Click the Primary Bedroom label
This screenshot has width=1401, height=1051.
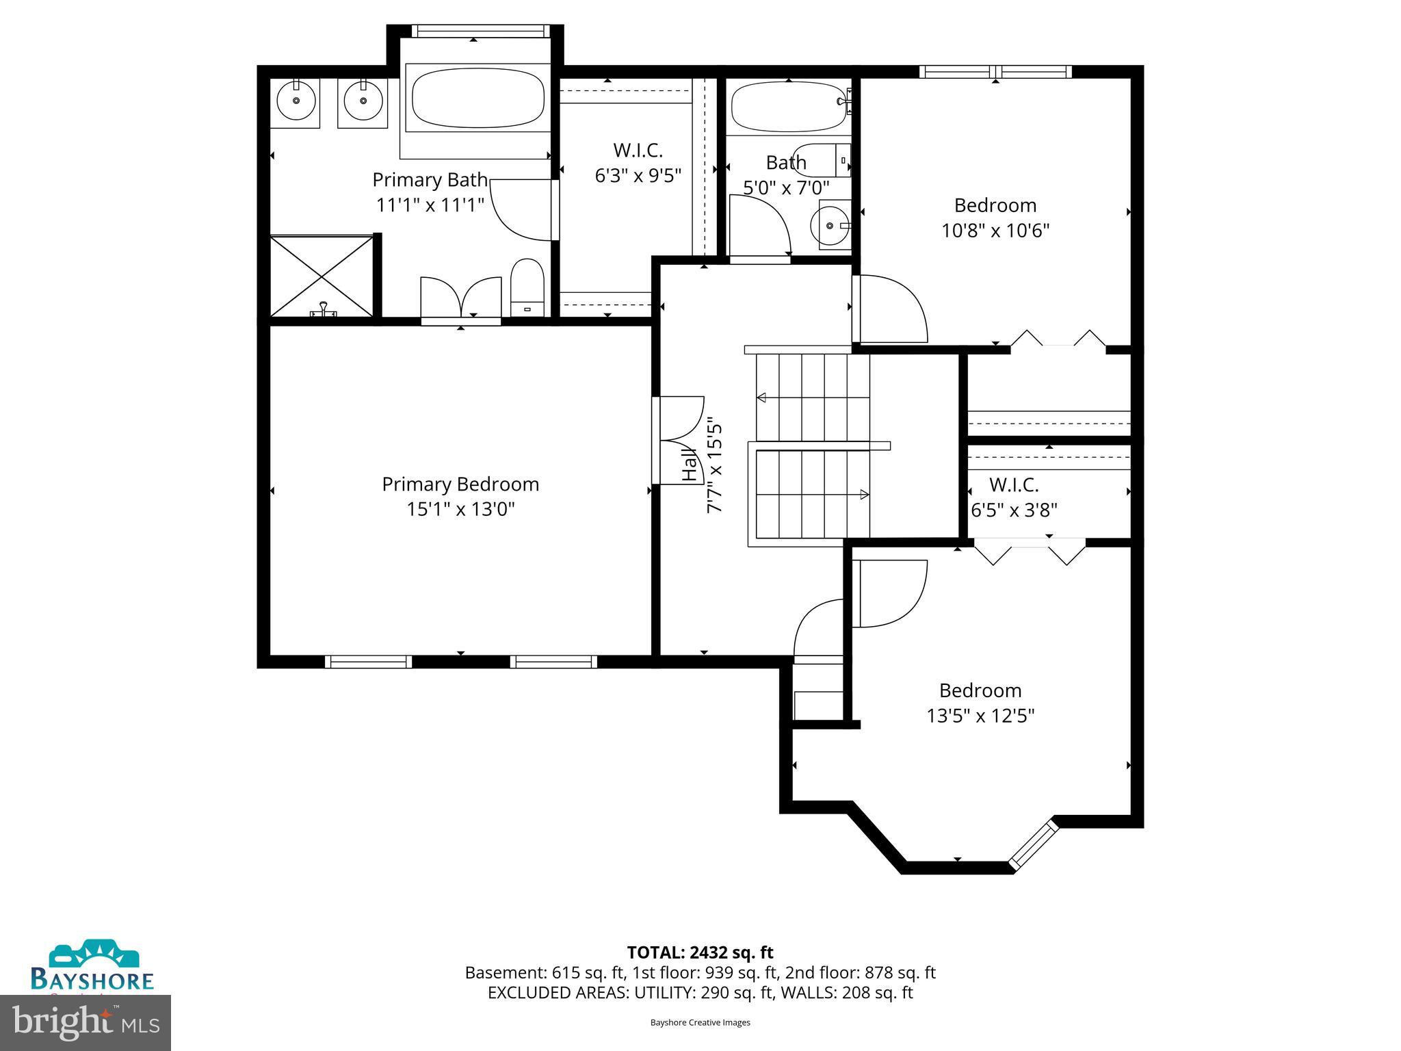(460, 484)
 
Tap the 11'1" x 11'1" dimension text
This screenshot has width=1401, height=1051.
(430, 205)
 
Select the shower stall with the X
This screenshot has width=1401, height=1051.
(322, 276)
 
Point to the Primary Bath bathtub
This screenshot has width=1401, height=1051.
(477, 97)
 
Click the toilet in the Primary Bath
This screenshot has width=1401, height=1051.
(527, 287)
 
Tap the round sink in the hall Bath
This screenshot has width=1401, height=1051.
(830, 225)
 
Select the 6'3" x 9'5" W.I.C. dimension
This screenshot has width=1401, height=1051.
(638, 176)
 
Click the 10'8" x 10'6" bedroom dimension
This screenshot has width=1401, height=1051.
(995, 231)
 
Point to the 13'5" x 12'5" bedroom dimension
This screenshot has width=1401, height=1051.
(980, 716)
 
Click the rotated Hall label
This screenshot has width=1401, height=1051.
(690, 465)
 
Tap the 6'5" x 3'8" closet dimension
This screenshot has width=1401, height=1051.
(1014, 510)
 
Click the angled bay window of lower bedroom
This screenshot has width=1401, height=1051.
(1034, 846)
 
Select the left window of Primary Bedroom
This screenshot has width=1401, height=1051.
(368, 662)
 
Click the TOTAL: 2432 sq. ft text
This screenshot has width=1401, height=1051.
(700, 952)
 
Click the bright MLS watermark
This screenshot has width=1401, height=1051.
(86, 1023)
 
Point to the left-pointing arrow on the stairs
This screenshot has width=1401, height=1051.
(762, 398)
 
